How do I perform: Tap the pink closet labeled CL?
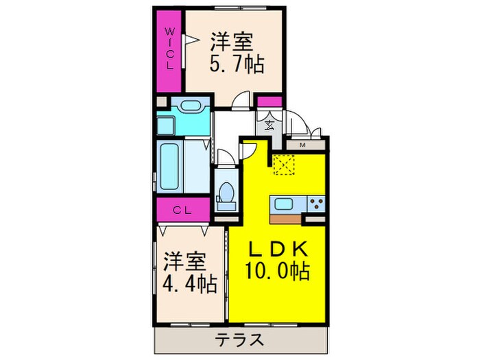(x=181, y=209)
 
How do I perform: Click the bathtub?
(x=171, y=167)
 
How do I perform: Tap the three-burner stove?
(x=316, y=203)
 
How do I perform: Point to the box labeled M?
(x=302, y=144)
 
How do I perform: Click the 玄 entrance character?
(x=269, y=125)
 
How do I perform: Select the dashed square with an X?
(x=283, y=165)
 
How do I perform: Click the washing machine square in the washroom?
(x=167, y=125)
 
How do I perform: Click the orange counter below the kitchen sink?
(x=287, y=219)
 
